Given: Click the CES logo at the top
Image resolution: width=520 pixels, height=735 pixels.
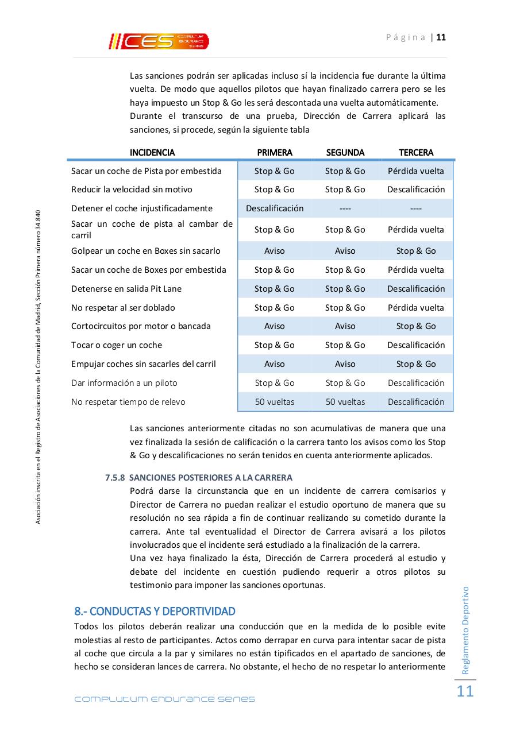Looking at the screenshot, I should click(159, 41).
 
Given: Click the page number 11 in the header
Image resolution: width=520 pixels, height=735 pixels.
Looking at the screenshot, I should click(441, 37).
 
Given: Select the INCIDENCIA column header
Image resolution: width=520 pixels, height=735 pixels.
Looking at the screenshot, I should click(152, 153).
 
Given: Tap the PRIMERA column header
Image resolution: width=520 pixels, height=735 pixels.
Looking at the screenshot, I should click(274, 153).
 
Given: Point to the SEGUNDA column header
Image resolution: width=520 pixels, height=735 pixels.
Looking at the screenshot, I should click(345, 153).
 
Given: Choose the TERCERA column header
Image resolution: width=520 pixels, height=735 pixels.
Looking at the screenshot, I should click(416, 153).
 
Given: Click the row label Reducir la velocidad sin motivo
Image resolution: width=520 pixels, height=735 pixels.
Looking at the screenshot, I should click(132, 189).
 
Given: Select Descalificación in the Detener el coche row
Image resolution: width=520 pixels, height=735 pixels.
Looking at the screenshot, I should click(275, 208).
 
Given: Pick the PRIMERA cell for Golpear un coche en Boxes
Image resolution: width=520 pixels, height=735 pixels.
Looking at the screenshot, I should click(274, 251).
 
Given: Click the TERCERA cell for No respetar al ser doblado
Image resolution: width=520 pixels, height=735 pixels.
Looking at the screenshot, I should click(416, 308).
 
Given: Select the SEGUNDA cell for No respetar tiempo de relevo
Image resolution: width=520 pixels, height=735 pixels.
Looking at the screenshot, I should click(345, 402).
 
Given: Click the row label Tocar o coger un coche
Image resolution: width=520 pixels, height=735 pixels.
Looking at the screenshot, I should click(117, 345).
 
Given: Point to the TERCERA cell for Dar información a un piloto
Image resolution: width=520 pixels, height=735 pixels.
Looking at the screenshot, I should click(416, 383).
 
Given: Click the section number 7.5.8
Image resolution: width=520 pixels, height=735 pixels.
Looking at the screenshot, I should click(115, 478).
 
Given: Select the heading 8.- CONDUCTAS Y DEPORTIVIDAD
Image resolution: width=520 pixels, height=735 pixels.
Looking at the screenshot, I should click(155, 610).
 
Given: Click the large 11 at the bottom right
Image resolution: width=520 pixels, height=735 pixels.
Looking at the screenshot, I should click(465, 691).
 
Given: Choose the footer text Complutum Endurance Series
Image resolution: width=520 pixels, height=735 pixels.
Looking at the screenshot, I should click(164, 699).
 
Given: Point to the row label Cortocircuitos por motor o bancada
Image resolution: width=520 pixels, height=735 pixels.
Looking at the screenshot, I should click(141, 326).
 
